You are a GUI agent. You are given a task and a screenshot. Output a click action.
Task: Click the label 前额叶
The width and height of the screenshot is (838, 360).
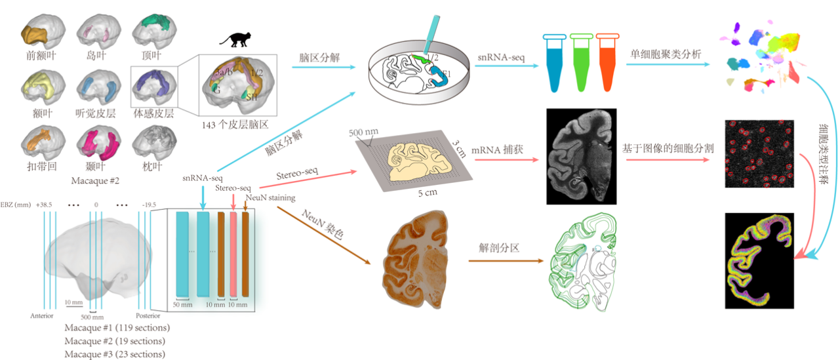pos(41,56)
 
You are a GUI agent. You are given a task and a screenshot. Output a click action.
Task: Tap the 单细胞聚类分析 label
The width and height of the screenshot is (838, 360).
pos(666,54)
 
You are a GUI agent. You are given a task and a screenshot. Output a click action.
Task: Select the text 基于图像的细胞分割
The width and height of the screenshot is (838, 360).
pos(668,149)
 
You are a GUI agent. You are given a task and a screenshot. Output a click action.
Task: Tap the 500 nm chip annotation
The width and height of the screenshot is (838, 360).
pos(363,132)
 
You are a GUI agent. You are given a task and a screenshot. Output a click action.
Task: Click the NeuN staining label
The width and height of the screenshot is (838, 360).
pos(269,197)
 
